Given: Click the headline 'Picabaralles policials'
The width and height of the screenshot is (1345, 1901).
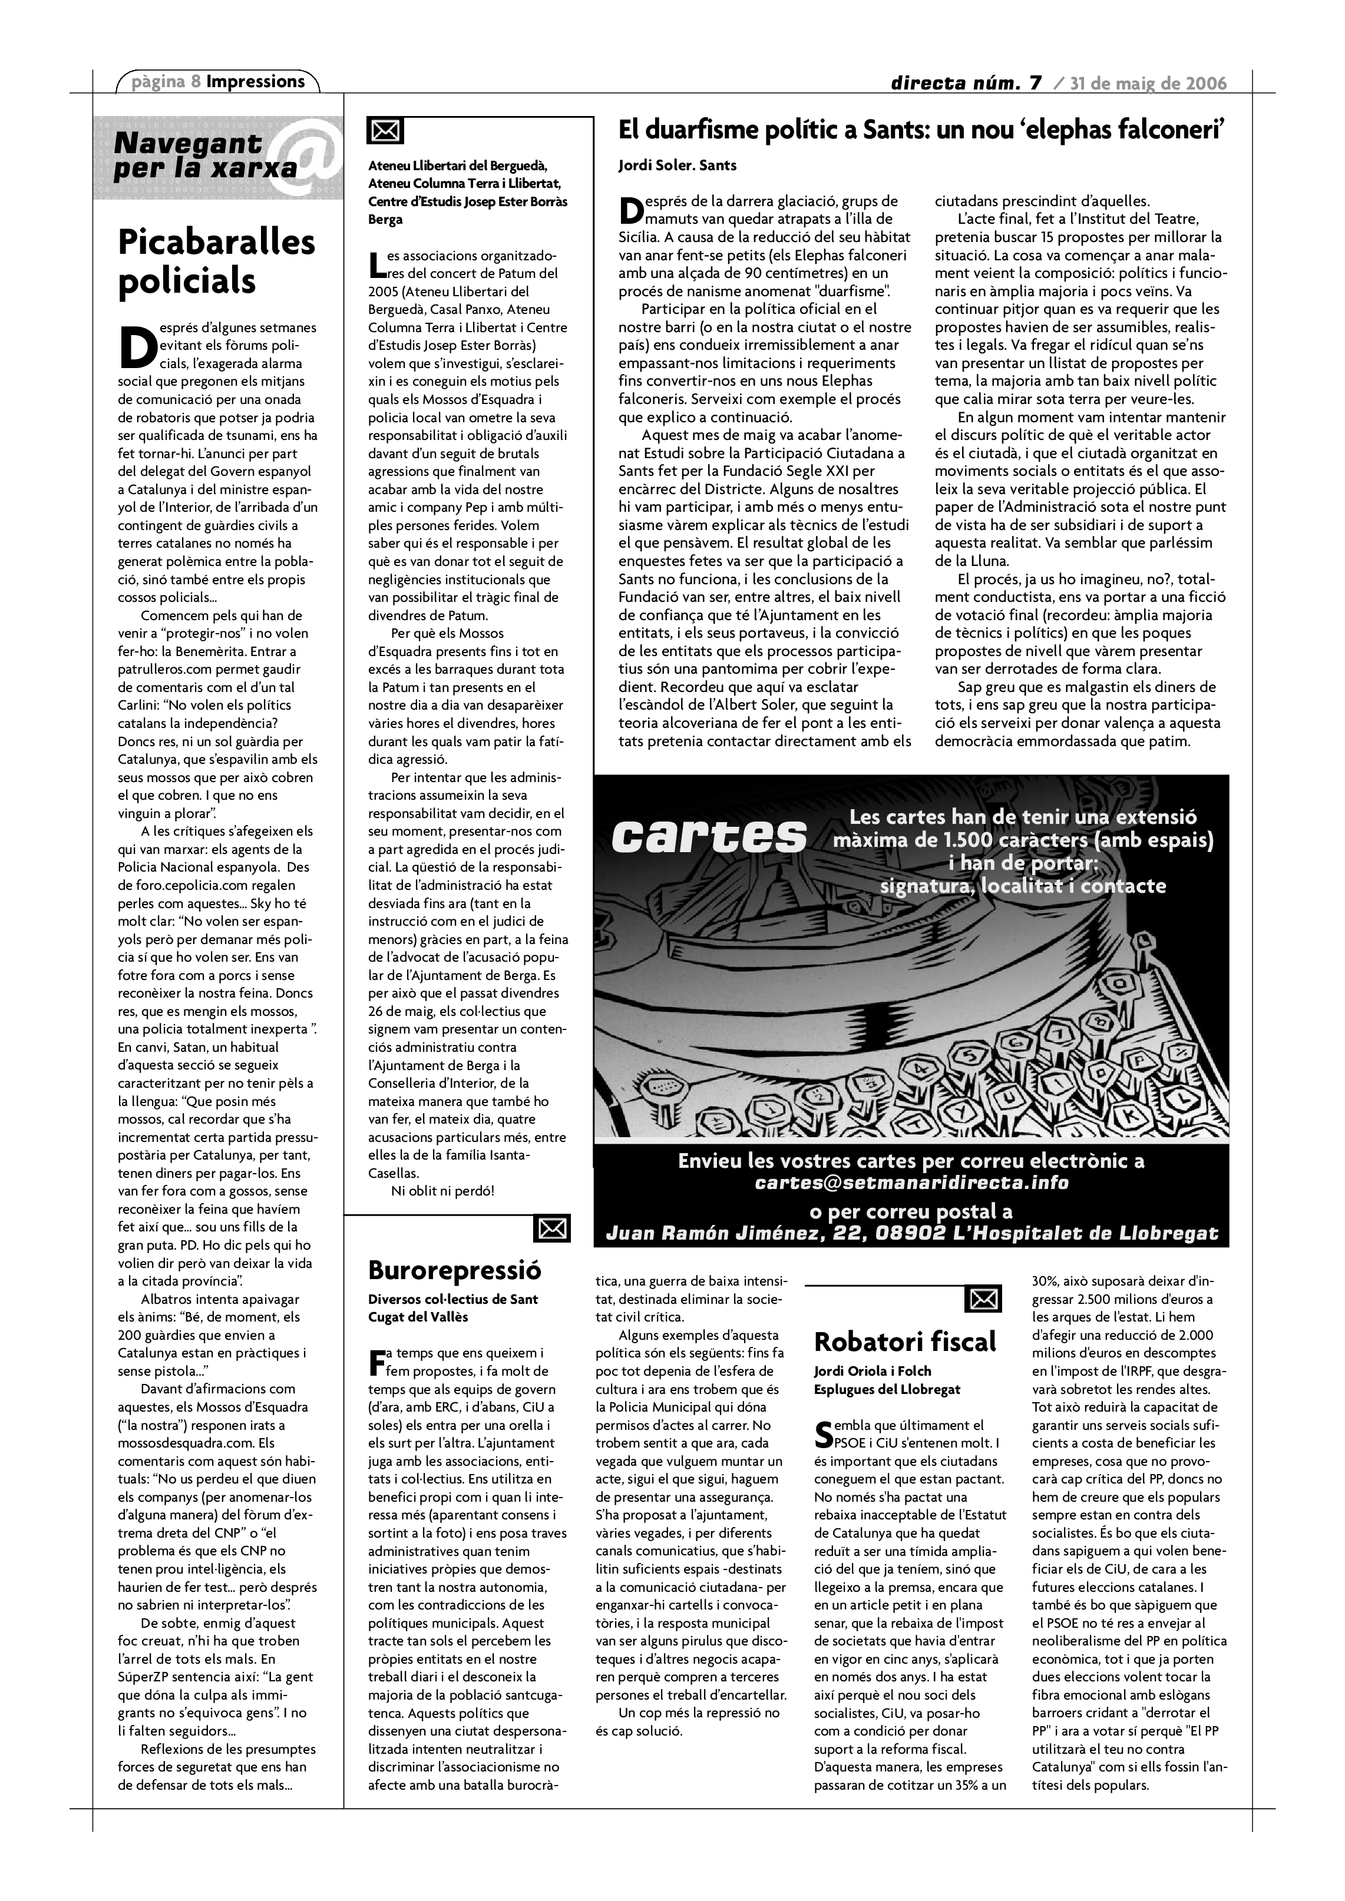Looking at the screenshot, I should [216, 261].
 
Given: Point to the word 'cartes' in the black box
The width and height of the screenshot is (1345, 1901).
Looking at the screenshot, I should [709, 836].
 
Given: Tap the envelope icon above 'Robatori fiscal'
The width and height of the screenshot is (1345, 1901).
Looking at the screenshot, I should [983, 1299].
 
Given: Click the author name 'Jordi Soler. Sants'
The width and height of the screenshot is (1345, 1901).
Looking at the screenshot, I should [677, 165].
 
